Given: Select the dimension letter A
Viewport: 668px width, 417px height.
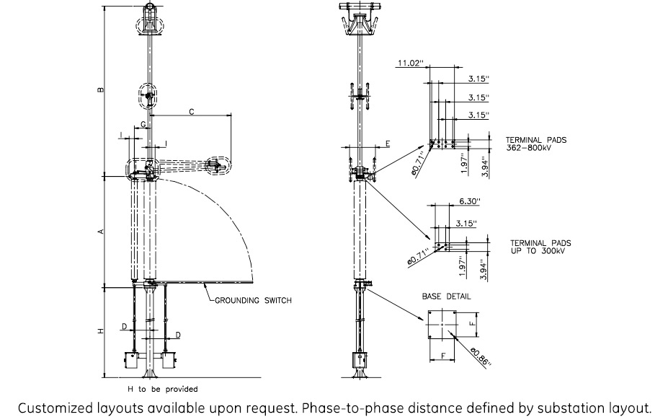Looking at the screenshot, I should pyautogui.click(x=101, y=231).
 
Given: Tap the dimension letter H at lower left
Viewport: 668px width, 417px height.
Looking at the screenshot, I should pyautogui.click(x=101, y=331).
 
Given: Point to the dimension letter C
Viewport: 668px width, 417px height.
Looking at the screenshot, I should pyautogui.click(x=191, y=111).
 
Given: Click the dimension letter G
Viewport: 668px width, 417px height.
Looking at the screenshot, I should pyautogui.click(x=143, y=125).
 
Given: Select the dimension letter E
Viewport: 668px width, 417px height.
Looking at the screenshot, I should pyautogui.click(x=387, y=144).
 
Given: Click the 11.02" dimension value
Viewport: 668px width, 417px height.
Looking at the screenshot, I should pyautogui.click(x=409, y=63).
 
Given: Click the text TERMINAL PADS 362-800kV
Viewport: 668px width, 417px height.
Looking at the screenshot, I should pyautogui.click(x=535, y=143).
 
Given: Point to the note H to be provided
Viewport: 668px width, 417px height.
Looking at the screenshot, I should pyautogui.click(x=162, y=389).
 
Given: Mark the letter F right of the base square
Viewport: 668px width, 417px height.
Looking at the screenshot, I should pyautogui.click(x=473, y=325).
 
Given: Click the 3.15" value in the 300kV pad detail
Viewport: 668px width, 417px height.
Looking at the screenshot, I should pyautogui.click(x=465, y=224).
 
